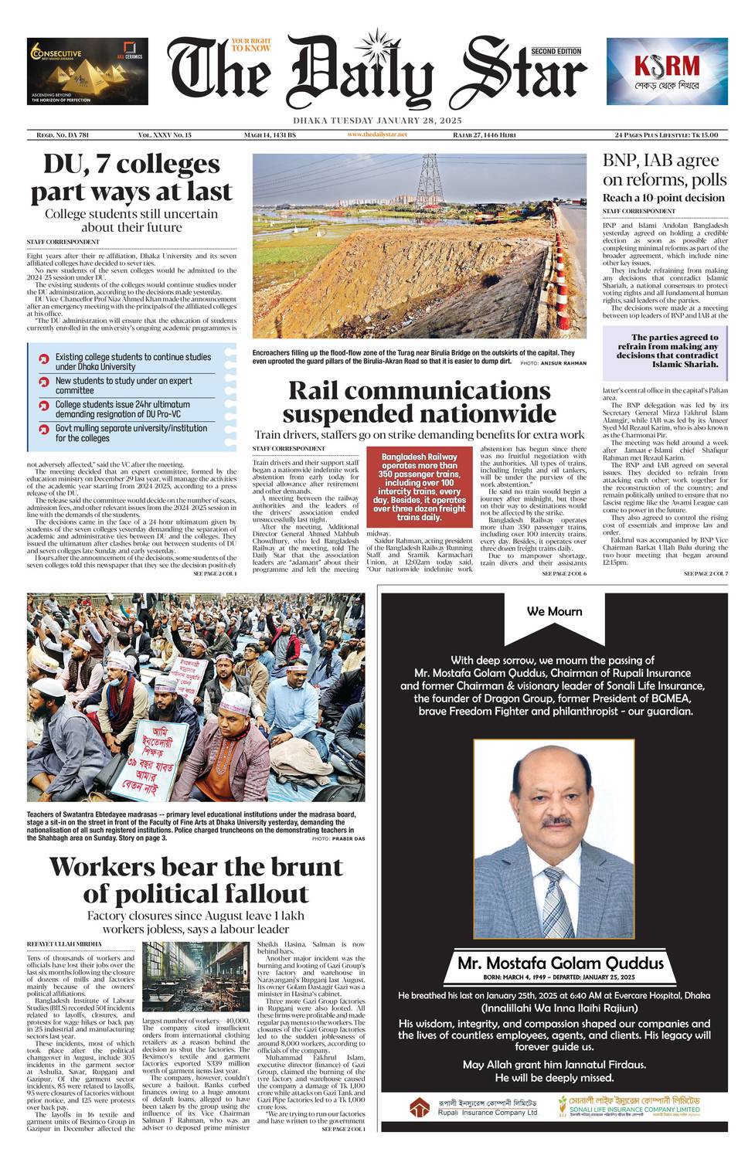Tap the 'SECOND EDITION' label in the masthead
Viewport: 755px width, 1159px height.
(x=556, y=51)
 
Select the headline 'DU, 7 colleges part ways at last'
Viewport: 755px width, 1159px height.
(x=131, y=178)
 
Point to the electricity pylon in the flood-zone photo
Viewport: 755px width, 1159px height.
(x=427, y=179)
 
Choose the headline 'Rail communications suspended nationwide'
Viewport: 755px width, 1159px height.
(x=419, y=401)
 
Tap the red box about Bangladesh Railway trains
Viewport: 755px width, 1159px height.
(x=419, y=486)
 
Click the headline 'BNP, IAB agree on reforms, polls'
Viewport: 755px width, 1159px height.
(x=665, y=170)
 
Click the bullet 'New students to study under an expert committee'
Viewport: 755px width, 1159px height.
(x=124, y=386)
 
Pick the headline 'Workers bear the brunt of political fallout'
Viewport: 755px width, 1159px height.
(x=196, y=880)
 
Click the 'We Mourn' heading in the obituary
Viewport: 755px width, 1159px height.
(x=554, y=611)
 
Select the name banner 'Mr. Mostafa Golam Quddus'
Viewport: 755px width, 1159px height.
(x=560, y=963)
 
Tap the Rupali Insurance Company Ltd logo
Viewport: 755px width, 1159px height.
(x=474, y=1106)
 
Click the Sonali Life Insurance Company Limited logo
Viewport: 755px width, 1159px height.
(x=629, y=1106)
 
